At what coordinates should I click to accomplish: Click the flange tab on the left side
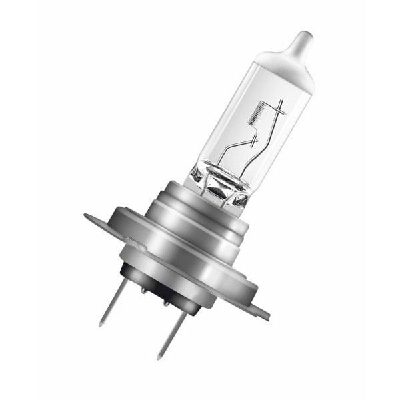click(93, 219)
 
